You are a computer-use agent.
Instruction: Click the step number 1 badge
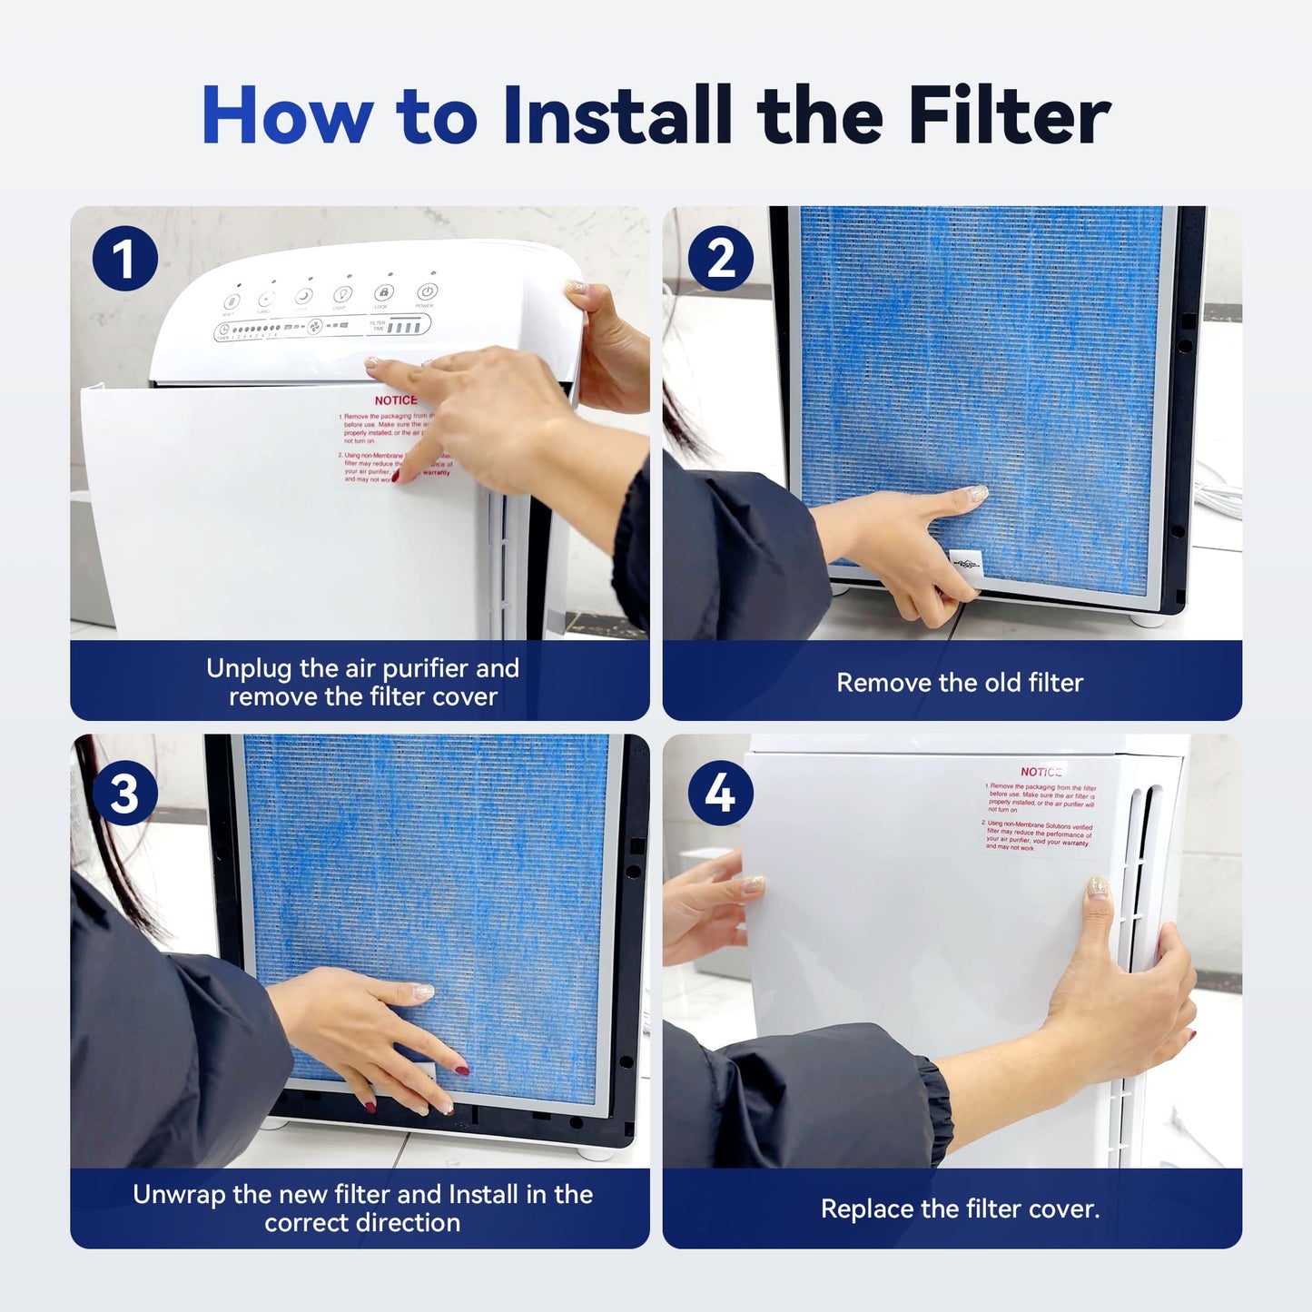pyautogui.click(x=125, y=259)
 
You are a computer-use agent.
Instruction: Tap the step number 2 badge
pyautogui.click(x=720, y=259)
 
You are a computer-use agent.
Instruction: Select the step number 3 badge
pyautogui.click(x=125, y=793)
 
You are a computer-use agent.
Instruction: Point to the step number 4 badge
pyautogui.click(x=720, y=793)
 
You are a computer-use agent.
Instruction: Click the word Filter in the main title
pyautogui.click(x=1009, y=115)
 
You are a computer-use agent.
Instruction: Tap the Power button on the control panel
pyautogui.click(x=427, y=292)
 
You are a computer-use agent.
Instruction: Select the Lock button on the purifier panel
pyautogui.click(x=383, y=293)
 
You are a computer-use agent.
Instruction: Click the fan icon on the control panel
pyautogui.click(x=314, y=327)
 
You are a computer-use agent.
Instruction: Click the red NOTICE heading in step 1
pyautogui.click(x=396, y=400)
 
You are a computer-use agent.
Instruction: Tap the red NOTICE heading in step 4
pyautogui.click(x=1041, y=772)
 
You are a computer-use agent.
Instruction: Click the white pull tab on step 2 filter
pyautogui.click(x=965, y=564)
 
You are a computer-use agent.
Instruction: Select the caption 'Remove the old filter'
pyautogui.click(x=960, y=683)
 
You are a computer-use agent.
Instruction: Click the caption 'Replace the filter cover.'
pyautogui.click(x=960, y=1209)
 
